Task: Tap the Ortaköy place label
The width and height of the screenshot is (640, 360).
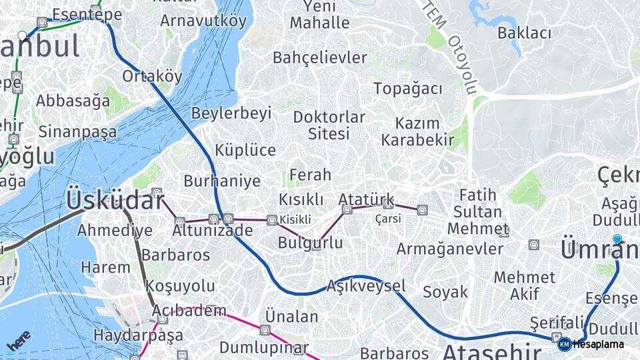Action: coord(152,76)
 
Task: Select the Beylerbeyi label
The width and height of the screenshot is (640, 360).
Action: coord(231,113)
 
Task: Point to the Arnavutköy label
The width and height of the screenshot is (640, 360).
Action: coord(203,21)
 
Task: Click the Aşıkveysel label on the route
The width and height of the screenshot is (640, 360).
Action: coord(366,286)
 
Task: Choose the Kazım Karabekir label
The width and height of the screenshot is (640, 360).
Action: coord(418,131)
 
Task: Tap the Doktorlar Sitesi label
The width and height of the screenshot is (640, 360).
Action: coord(329,125)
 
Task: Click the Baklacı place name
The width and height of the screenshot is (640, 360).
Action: coord(525,33)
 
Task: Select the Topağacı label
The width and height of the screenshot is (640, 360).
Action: coord(408,89)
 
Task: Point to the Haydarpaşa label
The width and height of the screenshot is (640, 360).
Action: coord(139,335)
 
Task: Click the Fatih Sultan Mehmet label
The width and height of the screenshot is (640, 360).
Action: coord(477,212)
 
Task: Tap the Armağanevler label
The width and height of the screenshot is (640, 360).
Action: coord(450,249)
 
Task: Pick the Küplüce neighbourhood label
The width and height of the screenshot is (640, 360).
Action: coord(245,150)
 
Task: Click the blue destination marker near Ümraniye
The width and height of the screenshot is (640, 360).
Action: coord(617,239)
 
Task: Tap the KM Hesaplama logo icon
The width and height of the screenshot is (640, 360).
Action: coord(564,344)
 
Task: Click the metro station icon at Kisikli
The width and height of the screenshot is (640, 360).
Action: coord(271,220)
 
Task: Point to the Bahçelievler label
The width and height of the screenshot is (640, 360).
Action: coord(320,58)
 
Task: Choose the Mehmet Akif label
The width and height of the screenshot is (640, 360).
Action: coord(525,285)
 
